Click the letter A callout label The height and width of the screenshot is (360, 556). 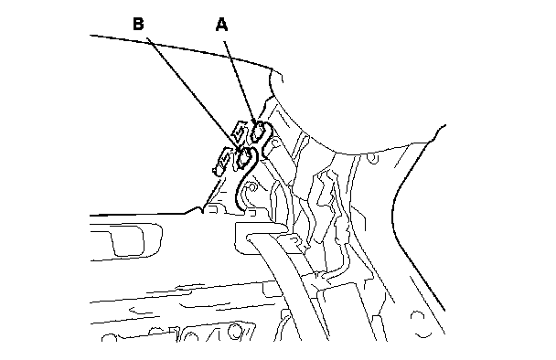(221, 25)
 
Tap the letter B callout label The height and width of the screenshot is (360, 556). (138, 24)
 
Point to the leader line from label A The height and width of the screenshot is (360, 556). (240, 82)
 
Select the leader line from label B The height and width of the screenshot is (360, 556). (194, 94)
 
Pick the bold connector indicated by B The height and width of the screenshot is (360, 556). (245, 157)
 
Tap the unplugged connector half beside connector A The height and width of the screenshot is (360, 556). (239, 131)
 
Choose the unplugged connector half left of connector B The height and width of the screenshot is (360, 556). (223, 162)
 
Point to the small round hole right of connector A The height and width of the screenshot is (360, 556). (274, 143)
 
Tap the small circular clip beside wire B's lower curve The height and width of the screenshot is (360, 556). (252, 186)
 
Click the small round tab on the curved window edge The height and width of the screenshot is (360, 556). (372, 158)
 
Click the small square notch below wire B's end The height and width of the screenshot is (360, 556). (251, 213)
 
